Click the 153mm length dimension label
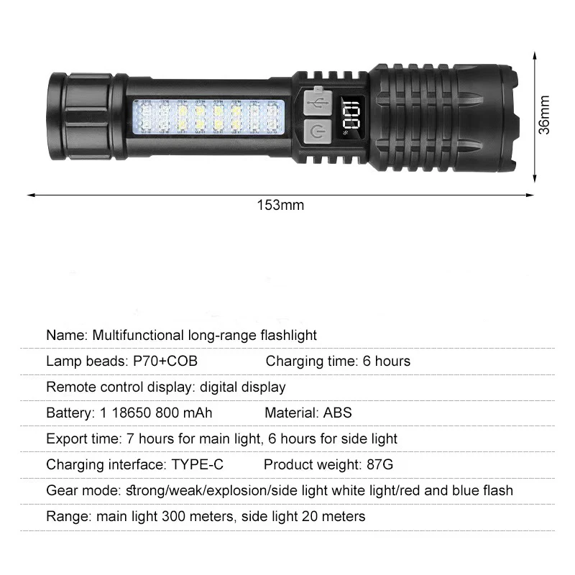point(280,206)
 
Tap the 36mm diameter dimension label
point(544,115)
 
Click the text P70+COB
point(165,361)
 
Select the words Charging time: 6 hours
point(338,361)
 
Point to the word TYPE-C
point(197,464)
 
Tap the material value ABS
point(337,413)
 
